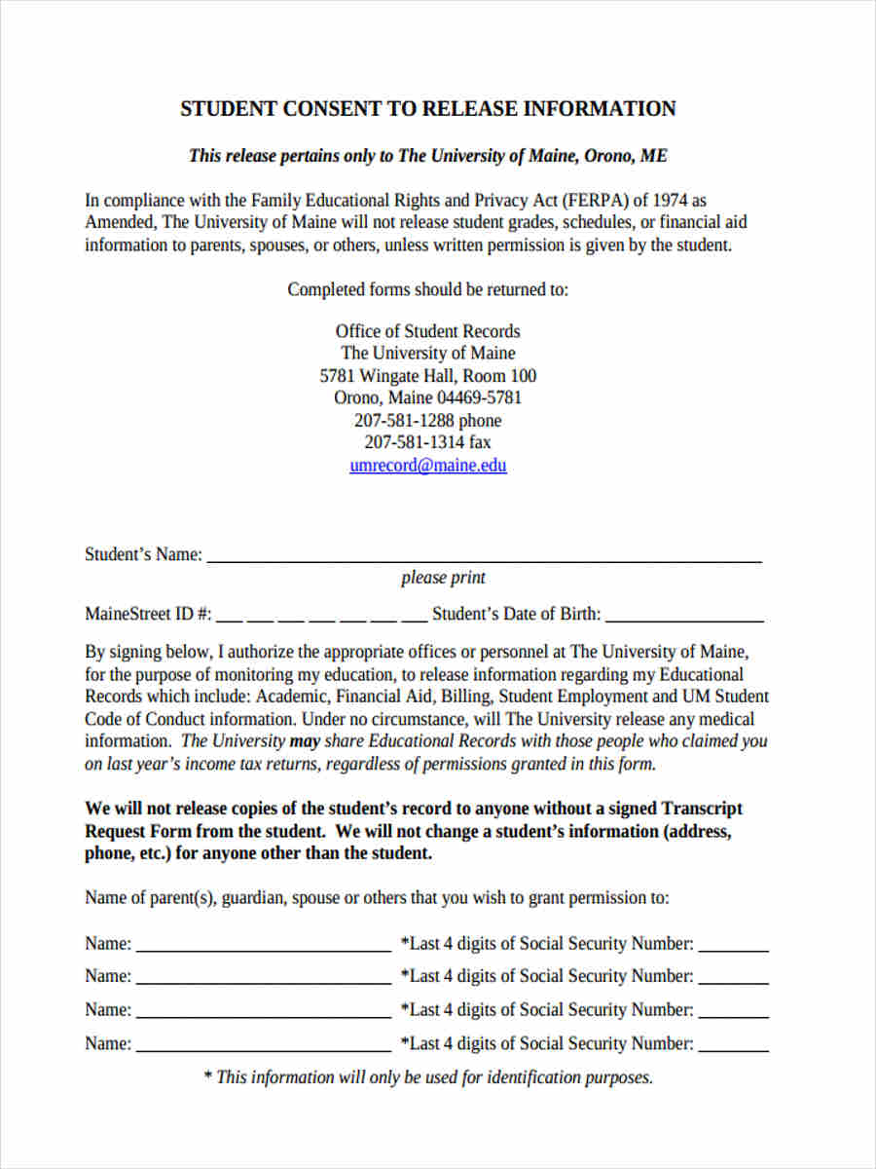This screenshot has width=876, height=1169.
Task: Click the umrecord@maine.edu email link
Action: coord(428,466)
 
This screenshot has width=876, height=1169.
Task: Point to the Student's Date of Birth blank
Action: coord(684,617)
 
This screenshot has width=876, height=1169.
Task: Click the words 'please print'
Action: coord(443,578)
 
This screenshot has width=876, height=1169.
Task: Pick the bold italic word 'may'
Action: coord(305,741)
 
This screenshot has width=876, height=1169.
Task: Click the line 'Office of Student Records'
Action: coord(428,331)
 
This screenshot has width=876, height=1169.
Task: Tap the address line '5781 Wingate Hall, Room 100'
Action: coord(428,376)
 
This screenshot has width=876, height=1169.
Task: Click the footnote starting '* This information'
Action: coord(428,1077)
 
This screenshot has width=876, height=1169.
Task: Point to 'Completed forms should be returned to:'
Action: coord(428,290)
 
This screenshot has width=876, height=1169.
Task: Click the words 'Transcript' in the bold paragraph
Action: coord(702,810)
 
